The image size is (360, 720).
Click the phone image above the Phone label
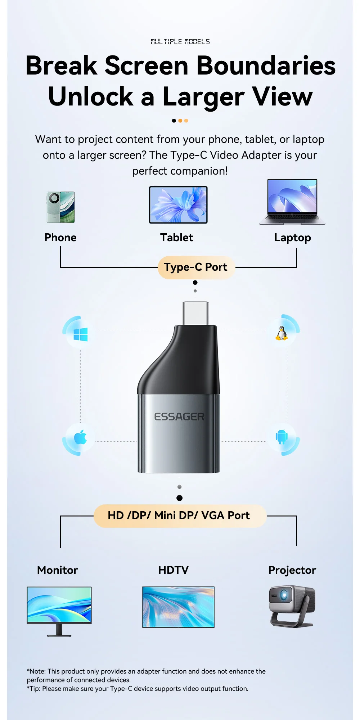tap(60, 207)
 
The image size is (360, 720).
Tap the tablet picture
tap(179, 205)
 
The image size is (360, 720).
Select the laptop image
tap(292, 202)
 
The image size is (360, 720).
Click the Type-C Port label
tap(196, 267)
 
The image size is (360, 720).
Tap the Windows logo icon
tap(80, 335)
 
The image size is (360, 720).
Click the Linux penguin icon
tap(282, 333)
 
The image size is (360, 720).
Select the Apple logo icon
tap(80, 437)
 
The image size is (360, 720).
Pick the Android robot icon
tap(282, 437)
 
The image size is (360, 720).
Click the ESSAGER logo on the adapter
tap(179, 417)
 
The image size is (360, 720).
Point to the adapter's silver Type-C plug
tap(195, 313)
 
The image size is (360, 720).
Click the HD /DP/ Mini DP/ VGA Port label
tap(179, 516)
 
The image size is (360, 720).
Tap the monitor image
tap(59, 605)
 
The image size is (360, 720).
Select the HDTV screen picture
tap(178, 607)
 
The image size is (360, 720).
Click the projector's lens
tap(284, 595)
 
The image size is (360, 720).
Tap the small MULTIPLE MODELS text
tap(180, 42)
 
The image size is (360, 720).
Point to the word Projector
tap(292, 570)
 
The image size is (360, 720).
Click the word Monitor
tap(58, 570)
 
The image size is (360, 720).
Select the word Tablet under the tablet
tap(176, 238)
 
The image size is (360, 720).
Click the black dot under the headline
tap(174, 121)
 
